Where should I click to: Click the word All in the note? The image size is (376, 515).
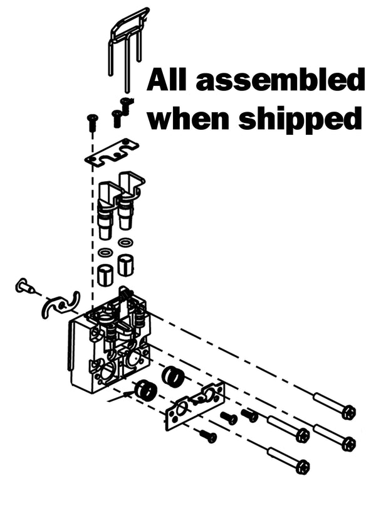point(166,80)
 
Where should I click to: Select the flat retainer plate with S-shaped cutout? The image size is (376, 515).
point(112,152)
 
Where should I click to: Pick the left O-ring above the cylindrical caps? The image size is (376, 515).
point(106,253)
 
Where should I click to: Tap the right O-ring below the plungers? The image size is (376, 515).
point(125,243)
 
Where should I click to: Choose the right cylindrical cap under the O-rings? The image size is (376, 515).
point(125,264)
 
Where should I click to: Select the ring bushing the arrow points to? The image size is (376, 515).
point(145,390)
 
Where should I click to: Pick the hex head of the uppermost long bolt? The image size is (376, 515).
point(348,413)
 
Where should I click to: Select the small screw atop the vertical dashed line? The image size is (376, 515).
point(91,122)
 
